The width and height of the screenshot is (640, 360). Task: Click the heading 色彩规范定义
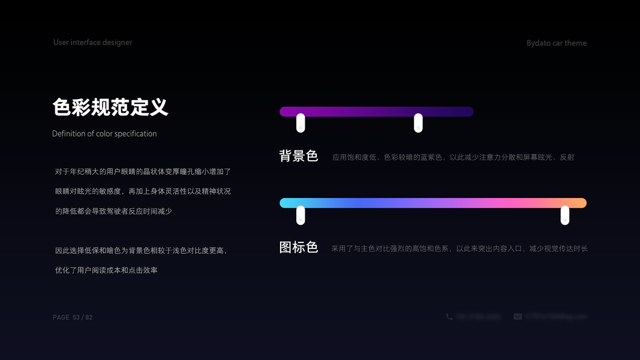110,107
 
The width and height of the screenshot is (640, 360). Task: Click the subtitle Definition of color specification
104,134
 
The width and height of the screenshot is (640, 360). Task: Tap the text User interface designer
92,43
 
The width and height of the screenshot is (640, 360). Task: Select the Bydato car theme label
556,43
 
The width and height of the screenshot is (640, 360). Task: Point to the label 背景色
298,157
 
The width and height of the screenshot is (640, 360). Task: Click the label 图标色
298,247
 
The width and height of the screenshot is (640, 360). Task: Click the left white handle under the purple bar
301,122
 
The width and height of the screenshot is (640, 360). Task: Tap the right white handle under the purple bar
418,122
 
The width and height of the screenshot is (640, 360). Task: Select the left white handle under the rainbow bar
301,215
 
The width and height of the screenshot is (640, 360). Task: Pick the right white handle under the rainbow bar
564,215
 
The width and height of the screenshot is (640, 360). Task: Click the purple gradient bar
376,112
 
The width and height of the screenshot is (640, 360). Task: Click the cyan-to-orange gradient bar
432,203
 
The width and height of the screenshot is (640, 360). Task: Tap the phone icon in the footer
449,317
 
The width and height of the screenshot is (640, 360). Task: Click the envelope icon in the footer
518,317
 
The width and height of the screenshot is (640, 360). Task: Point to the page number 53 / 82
83,317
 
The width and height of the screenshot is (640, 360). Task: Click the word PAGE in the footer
61,317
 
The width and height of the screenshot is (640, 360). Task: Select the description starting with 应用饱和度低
453,157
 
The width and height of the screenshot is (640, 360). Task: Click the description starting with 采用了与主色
459,248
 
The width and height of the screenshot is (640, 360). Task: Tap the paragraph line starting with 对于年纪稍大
143,172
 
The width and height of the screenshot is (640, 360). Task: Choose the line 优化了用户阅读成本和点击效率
106,271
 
